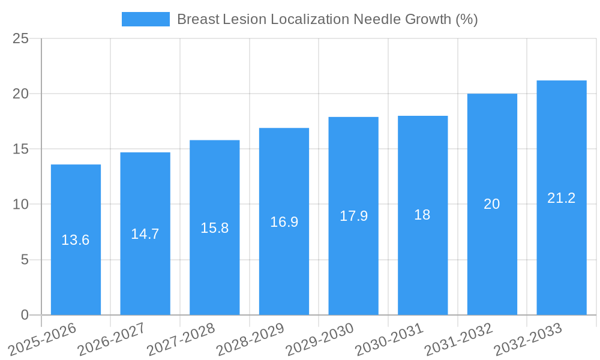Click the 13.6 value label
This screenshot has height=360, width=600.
(x=76, y=240)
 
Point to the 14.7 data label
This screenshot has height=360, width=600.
(x=145, y=234)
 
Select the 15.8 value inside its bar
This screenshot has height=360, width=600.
(x=214, y=228)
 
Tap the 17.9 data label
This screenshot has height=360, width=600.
(x=353, y=216)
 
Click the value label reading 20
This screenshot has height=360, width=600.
(x=492, y=204)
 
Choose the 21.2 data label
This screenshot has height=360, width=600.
(x=562, y=198)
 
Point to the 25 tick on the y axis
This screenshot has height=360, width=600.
(x=20, y=38)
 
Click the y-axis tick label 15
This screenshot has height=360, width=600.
(x=20, y=149)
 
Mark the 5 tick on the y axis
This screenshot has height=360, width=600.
(x=25, y=260)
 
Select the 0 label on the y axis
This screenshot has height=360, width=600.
(x=25, y=315)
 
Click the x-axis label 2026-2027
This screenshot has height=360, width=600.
(x=111, y=339)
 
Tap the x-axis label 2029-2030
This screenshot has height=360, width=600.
(x=319, y=339)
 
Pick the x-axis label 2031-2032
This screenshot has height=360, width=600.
(x=458, y=339)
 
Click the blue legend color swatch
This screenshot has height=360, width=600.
(x=145, y=19)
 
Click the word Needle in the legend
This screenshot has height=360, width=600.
(x=373, y=19)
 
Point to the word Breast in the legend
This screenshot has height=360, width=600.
(x=197, y=19)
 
